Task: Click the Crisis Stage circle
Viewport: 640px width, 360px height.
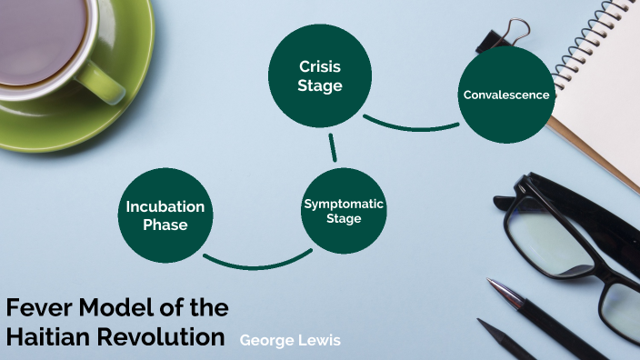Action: pos(320,76)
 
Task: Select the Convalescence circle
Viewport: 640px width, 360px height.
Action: pos(506,95)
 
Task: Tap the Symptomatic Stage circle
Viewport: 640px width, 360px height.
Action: pos(344,211)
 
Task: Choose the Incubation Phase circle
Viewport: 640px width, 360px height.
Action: pos(165,215)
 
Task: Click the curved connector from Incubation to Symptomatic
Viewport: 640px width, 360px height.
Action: pos(249,265)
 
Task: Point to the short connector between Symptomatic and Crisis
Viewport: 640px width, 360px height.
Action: pos(333,146)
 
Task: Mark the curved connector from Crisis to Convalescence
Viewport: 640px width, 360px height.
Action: pos(409,125)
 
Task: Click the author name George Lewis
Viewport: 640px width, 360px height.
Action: pos(290,340)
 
